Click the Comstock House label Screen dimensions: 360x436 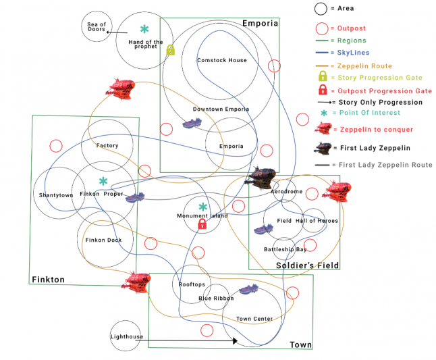click(221, 60)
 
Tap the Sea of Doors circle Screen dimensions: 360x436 click(97, 28)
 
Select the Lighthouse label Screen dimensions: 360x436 click(126, 336)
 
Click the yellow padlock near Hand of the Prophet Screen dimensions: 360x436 click(171, 50)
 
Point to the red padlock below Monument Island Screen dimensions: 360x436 click(201, 224)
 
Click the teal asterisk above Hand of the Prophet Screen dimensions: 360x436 click(144, 29)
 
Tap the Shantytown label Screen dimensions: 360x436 click(55, 195)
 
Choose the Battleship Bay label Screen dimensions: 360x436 click(285, 249)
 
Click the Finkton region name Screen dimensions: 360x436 click(48, 279)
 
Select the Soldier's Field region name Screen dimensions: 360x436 click(307, 265)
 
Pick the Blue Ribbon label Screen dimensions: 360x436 click(216, 298)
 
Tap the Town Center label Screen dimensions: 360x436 click(254, 319)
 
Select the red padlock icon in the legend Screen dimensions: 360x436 click(322, 90)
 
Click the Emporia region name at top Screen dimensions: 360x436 click(260, 24)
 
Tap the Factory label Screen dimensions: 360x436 click(107, 146)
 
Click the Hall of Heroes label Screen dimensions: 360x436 click(317, 221)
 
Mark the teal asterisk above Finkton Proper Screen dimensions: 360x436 click(103, 181)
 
